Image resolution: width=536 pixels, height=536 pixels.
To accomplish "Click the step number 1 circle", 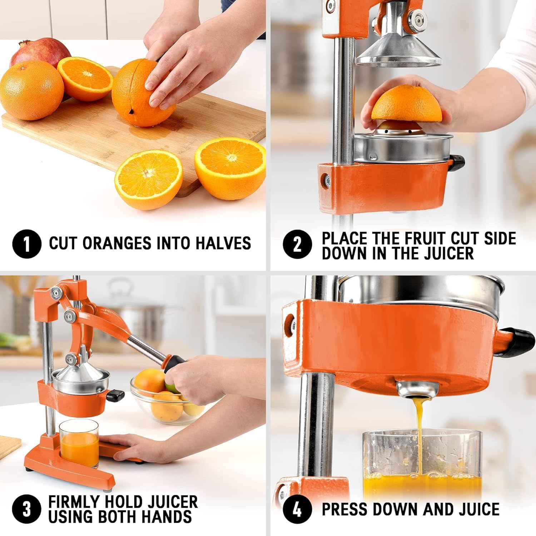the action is click(x=27, y=244).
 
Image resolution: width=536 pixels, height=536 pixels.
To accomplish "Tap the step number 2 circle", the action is click(x=297, y=244).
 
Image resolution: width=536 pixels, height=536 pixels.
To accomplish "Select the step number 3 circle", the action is click(x=27, y=509).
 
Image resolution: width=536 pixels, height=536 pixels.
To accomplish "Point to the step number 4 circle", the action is click(x=297, y=509).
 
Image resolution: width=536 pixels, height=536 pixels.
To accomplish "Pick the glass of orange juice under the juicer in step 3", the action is click(x=79, y=443).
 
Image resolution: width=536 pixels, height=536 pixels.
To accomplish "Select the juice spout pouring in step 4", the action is click(x=417, y=389).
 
